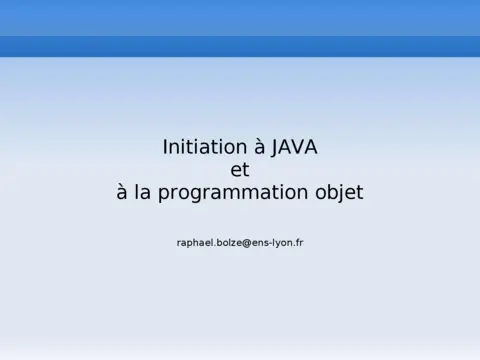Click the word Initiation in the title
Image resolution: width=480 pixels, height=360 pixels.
click(x=197, y=147)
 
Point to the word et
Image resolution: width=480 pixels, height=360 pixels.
click(x=240, y=170)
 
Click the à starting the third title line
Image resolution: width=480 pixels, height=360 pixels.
click(x=123, y=193)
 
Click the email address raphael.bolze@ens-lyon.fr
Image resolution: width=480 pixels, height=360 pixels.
click(x=240, y=242)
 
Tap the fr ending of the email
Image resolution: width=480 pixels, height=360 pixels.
click(x=299, y=242)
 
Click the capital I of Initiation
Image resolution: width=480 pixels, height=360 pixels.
click(x=165, y=147)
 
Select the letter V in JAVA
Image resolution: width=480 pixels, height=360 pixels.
click(x=291, y=147)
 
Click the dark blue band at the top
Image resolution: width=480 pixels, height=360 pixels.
click(x=240, y=46)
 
